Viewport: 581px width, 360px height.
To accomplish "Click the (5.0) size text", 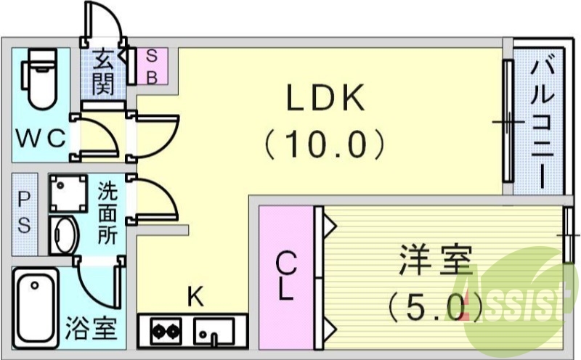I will pos(434,308).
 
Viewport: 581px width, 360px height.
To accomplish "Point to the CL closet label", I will pos(287,279).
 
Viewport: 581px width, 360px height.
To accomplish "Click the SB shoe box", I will pos(153,67).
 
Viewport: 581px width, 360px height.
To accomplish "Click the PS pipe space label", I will pos(24,213).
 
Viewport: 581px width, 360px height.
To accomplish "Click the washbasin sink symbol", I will pos(64,234).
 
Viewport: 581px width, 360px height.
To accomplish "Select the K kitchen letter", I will pos(194,295).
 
